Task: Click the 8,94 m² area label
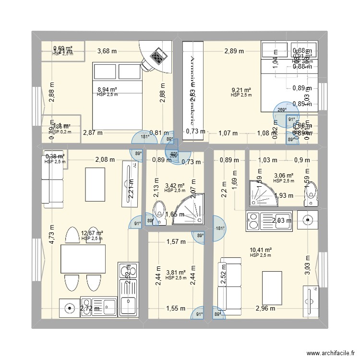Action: pyautogui.click(x=107, y=89)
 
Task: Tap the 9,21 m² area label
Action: pyautogui.click(x=241, y=90)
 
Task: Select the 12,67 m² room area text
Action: pyautogui.click(x=93, y=233)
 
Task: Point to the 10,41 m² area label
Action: pyautogui.click(x=261, y=250)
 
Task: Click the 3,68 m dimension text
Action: pyautogui.click(x=107, y=51)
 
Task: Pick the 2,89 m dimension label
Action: pyautogui.click(x=235, y=51)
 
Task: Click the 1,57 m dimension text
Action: pyautogui.click(x=175, y=242)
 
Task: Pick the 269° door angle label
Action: pyautogui.click(x=282, y=109)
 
